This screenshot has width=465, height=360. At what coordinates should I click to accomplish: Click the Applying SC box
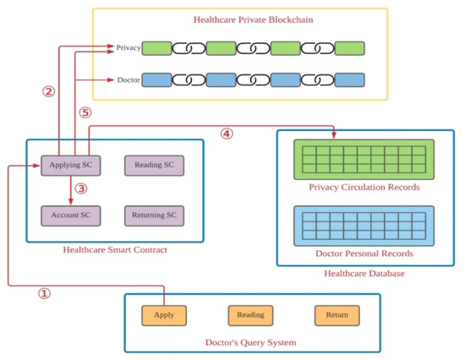tap(71, 166)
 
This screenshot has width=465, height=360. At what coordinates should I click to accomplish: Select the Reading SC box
tap(153, 166)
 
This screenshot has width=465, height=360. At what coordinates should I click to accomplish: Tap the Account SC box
tap(71, 215)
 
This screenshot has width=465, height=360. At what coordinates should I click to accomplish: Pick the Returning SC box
tap(153, 215)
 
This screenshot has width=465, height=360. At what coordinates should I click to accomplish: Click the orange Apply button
tap(163, 315)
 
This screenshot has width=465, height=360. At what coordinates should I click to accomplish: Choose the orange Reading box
tap(250, 315)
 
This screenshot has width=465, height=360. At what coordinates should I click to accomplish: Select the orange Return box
tap(336, 315)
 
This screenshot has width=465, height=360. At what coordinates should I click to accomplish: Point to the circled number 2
tap(48, 91)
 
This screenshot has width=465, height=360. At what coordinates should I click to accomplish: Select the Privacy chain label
tap(128, 48)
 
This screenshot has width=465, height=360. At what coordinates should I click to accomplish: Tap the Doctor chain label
tap(128, 81)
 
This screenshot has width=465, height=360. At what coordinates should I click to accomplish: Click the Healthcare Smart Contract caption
tap(114, 249)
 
